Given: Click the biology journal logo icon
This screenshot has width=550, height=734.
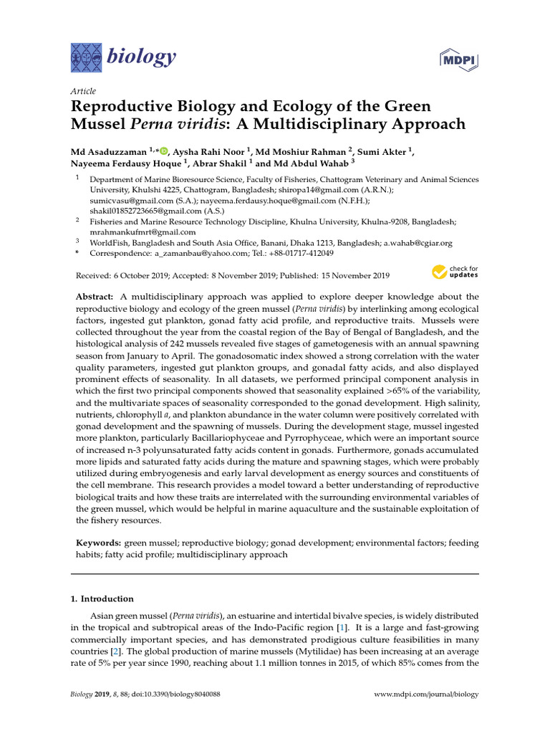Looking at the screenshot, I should pyautogui.click(x=86, y=56).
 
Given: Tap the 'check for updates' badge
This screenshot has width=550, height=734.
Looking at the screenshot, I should pyautogui.click(x=455, y=272).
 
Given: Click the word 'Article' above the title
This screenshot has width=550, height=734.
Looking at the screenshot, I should pyautogui.click(x=83, y=91).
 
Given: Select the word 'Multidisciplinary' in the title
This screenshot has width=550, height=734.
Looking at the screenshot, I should pyautogui.click(x=314, y=124).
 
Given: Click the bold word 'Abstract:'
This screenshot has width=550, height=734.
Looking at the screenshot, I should pyautogui.click(x=95, y=297).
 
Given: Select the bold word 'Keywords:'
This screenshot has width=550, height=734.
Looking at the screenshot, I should pyautogui.click(x=99, y=543).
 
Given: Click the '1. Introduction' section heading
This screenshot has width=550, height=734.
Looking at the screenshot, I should pyautogui.click(x=102, y=599).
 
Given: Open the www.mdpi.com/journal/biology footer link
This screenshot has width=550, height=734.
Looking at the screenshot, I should pyautogui.click(x=427, y=695).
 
